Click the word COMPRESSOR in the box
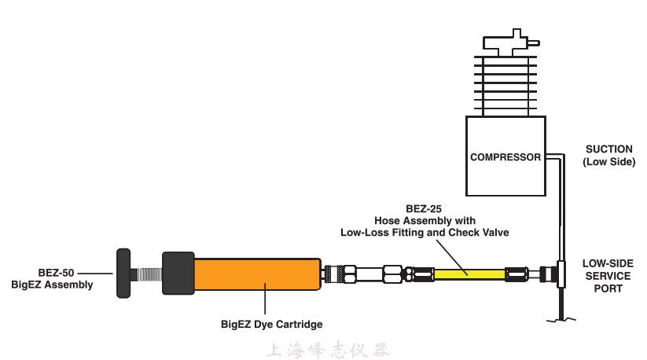tap(505, 157)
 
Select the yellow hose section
tap(472, 273)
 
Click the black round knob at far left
tap(123, 274)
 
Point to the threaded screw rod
tap(145, 274)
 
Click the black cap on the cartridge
tap(178, 274)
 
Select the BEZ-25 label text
tap(425, 209)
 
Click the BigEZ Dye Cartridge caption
tap(272, 323)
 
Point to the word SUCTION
tap(608, 149)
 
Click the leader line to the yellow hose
tap(451, 254)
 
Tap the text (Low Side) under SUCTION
tap(608, 162)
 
